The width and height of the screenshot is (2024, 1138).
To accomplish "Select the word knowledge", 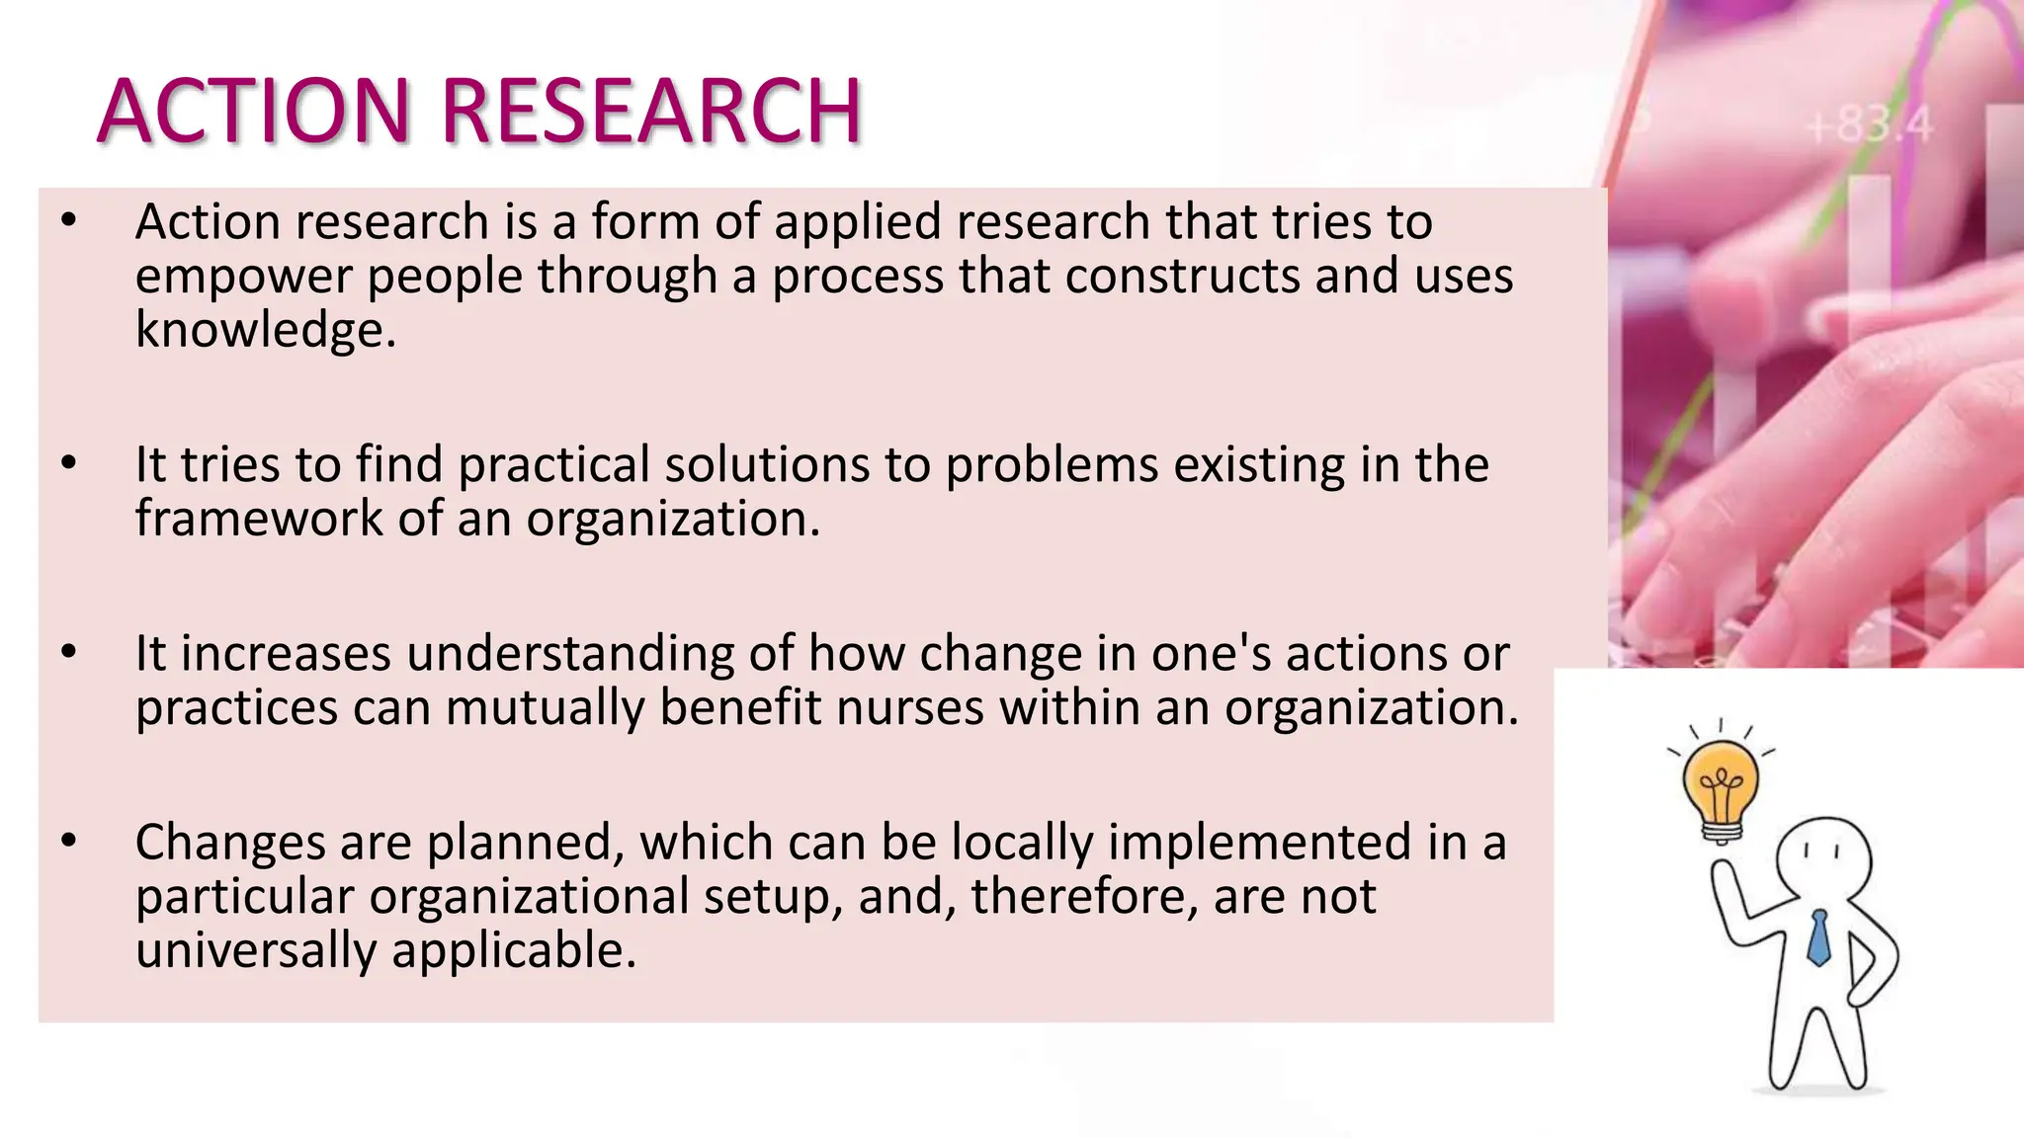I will [x=265, y=329].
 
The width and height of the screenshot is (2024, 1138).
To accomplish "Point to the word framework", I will [x=259, y=518].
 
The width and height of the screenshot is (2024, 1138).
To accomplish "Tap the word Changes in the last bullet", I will [x=229, y=843].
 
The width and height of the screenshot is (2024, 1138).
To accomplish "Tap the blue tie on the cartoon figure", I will [x=1817, y=937].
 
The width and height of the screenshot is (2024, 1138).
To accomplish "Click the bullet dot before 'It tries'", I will [x=67, y=463].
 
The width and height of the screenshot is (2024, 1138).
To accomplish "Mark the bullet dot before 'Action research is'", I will [x=67, y=220].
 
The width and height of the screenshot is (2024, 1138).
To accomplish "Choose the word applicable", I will [x=514, y=950].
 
